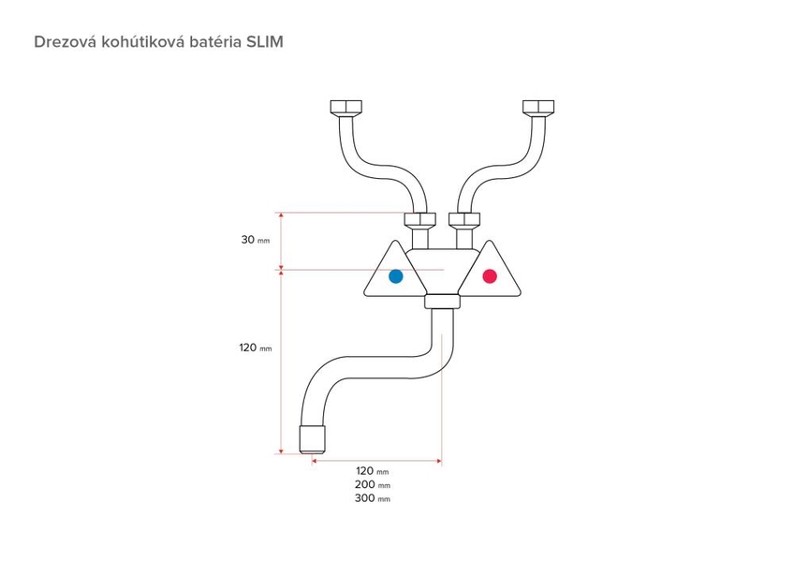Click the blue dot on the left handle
pos(395,276)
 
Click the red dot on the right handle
pos(490,276)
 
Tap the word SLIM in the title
pos(264,41)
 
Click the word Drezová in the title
pos(66,41)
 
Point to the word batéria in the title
pos(215,41)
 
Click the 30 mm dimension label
pos(256,240)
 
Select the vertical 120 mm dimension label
pos(256,348)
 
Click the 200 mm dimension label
pos(373,484)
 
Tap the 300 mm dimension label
pos(373,498)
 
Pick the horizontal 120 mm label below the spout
pos(373,471)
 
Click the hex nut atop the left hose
pos(346,107)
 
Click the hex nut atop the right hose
pos(538,107)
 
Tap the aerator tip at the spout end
pos(313,439)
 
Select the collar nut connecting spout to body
pos(443,302)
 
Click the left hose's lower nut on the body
pos(419,219)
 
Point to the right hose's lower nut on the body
pos(464,219)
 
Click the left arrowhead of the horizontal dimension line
pos(314,461)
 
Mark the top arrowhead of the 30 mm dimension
pos(282,215)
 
